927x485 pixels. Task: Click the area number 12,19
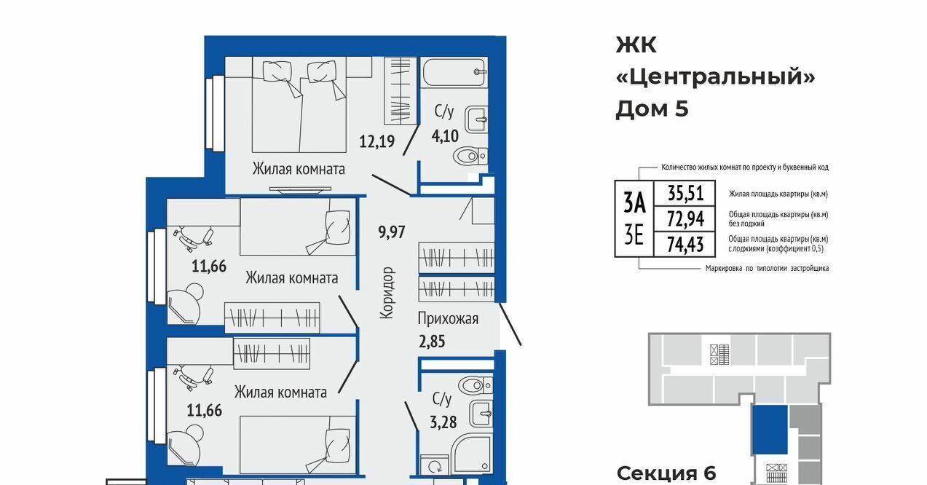click(377, 141)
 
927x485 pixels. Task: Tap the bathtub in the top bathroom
click(454, 72)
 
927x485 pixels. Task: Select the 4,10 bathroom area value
click(445, 135)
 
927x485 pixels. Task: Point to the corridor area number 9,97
click(392, 232)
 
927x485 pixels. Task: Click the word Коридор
click(387, 293)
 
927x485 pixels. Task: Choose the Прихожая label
click(448, 319)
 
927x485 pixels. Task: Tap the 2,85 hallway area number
click(432, 342)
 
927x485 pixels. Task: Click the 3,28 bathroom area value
click(443, 422)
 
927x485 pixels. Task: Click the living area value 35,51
click(686, 193)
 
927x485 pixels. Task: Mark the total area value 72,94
click(686, 219)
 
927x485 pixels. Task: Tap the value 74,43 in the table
click(685, 245)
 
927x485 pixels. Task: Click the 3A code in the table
click(634, 203)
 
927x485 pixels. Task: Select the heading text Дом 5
click(652, 109)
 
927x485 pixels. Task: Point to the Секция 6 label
click(666, 473)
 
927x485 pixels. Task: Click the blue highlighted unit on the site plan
click(770, 430)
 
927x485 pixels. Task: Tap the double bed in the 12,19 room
click(299, 105)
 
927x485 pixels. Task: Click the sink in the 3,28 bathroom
click(481, 414)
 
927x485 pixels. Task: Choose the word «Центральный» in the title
click(716, 77)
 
